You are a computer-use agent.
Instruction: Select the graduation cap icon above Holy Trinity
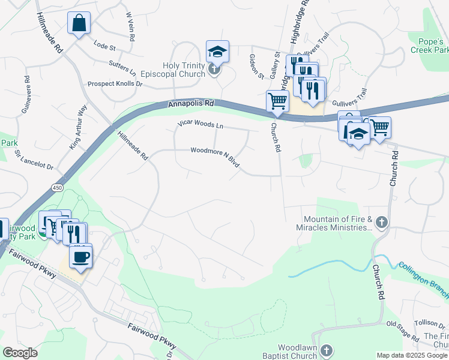click(x=217, y=52)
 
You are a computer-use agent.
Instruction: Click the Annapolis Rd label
click(x=191, y=104)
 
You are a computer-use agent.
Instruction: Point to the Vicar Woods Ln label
click(x=200, y=124)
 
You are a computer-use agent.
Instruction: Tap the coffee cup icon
click(x=80, y=257)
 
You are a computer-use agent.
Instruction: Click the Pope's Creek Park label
click(x=429, y=46)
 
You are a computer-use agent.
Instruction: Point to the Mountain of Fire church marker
click(x=382, y=223)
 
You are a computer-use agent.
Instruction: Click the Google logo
click(x=20, y=353)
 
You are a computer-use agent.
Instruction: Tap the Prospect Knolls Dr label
click(x=115, y=84)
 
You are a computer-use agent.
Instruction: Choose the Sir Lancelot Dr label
click(x=34, y=160)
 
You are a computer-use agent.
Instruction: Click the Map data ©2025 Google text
click(x=411, y=355)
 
